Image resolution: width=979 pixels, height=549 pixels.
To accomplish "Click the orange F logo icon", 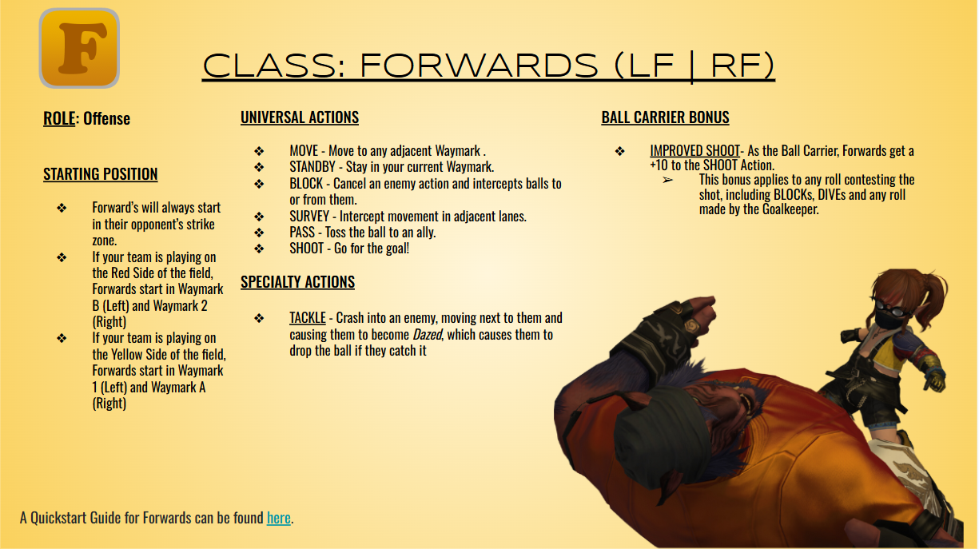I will pyautogui.click(x=79, y=48).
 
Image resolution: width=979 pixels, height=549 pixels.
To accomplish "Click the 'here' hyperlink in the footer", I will pyautogui.click(x=278, y=518).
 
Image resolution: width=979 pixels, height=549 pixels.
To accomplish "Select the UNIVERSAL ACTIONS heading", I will pyautogui.click(x=300, y=117).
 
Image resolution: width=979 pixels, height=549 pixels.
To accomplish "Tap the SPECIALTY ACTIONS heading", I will pyautogui.click(x=297, y=282).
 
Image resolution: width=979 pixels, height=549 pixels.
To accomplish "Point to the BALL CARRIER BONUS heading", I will pyautogui.click(x=665, y=117).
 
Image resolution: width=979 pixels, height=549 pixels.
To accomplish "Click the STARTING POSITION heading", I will pyautogui.click(x=101, y=174).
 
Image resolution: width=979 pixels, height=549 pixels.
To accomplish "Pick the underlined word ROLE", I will pyautogui.click(x=58, y=119).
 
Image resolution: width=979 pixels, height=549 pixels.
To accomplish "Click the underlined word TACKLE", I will pyautogui.click(x=308, y=318).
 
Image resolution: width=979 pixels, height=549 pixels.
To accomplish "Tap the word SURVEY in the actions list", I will pyautogui.click(x=309, y=217).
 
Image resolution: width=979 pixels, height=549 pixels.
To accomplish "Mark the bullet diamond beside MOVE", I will pyautogui.click(x=259, y=151).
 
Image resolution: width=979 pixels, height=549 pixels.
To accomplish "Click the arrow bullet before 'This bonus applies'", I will pyautogui.click(x=667, y=180).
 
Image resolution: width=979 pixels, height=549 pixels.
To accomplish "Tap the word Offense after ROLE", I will pyautogui.click(x=106, y=119).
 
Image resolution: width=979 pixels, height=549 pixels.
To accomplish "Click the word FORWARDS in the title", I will pyautogui.click(x=479, y=66).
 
